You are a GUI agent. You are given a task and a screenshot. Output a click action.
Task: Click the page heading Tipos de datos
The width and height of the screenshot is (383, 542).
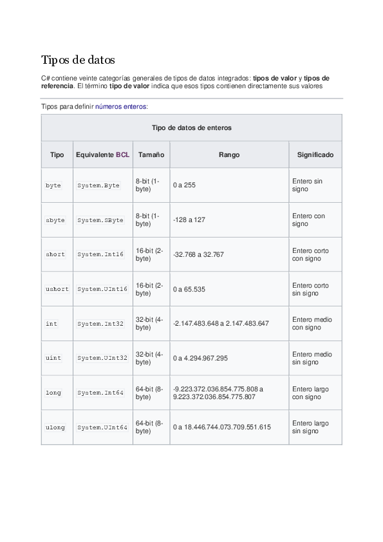(x=78, y=61)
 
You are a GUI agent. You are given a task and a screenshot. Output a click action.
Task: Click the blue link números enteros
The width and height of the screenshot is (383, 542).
(x=121, y=107)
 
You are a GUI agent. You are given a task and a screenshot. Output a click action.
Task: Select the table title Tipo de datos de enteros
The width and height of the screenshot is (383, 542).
(x=191, y=127)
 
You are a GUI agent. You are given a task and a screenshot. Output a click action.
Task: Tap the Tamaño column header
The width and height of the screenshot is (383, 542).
(x=151, y=155)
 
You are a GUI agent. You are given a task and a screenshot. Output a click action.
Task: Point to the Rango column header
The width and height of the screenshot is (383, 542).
(x=229, y=155)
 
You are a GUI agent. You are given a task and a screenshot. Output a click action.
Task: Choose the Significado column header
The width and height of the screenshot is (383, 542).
(x=315, y=155)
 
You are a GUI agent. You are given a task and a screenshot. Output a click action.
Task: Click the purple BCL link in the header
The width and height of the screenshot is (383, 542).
(x=122, y=155)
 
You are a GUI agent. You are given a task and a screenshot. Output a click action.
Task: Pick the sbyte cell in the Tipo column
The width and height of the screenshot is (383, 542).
(x=55, y=220)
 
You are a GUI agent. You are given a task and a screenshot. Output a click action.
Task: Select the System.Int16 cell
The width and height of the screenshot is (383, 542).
(x=100, y=254)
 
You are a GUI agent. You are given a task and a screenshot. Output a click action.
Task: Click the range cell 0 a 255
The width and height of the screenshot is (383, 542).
(x=184, y=185)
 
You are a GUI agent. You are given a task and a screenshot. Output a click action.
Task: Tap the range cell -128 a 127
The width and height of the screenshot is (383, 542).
(x=189, y=220)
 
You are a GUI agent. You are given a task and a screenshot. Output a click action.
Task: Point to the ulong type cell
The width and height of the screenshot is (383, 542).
(x=55, y=427)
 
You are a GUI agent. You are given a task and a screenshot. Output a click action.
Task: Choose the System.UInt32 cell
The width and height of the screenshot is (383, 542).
(x=102, y=358)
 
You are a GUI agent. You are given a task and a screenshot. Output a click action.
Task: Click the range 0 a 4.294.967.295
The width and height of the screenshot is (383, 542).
(x=200, y=358)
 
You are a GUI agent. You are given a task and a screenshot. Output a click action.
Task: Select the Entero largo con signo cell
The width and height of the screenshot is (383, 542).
(x=310, y=393)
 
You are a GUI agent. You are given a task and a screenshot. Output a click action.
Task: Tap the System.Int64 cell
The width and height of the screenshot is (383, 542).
(x=100, y=393)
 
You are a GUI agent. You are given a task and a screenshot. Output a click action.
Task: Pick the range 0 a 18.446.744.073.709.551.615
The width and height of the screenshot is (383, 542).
(x=221, y=427)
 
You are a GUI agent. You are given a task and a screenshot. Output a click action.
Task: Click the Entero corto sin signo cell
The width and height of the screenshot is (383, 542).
(x=310, y=289)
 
